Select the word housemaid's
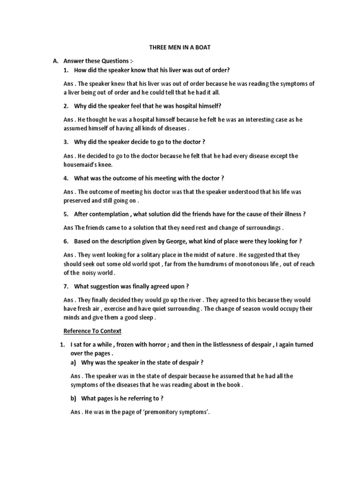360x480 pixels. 81,165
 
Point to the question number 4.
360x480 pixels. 66,178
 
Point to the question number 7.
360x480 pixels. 66,286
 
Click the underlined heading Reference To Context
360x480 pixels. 92,331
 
